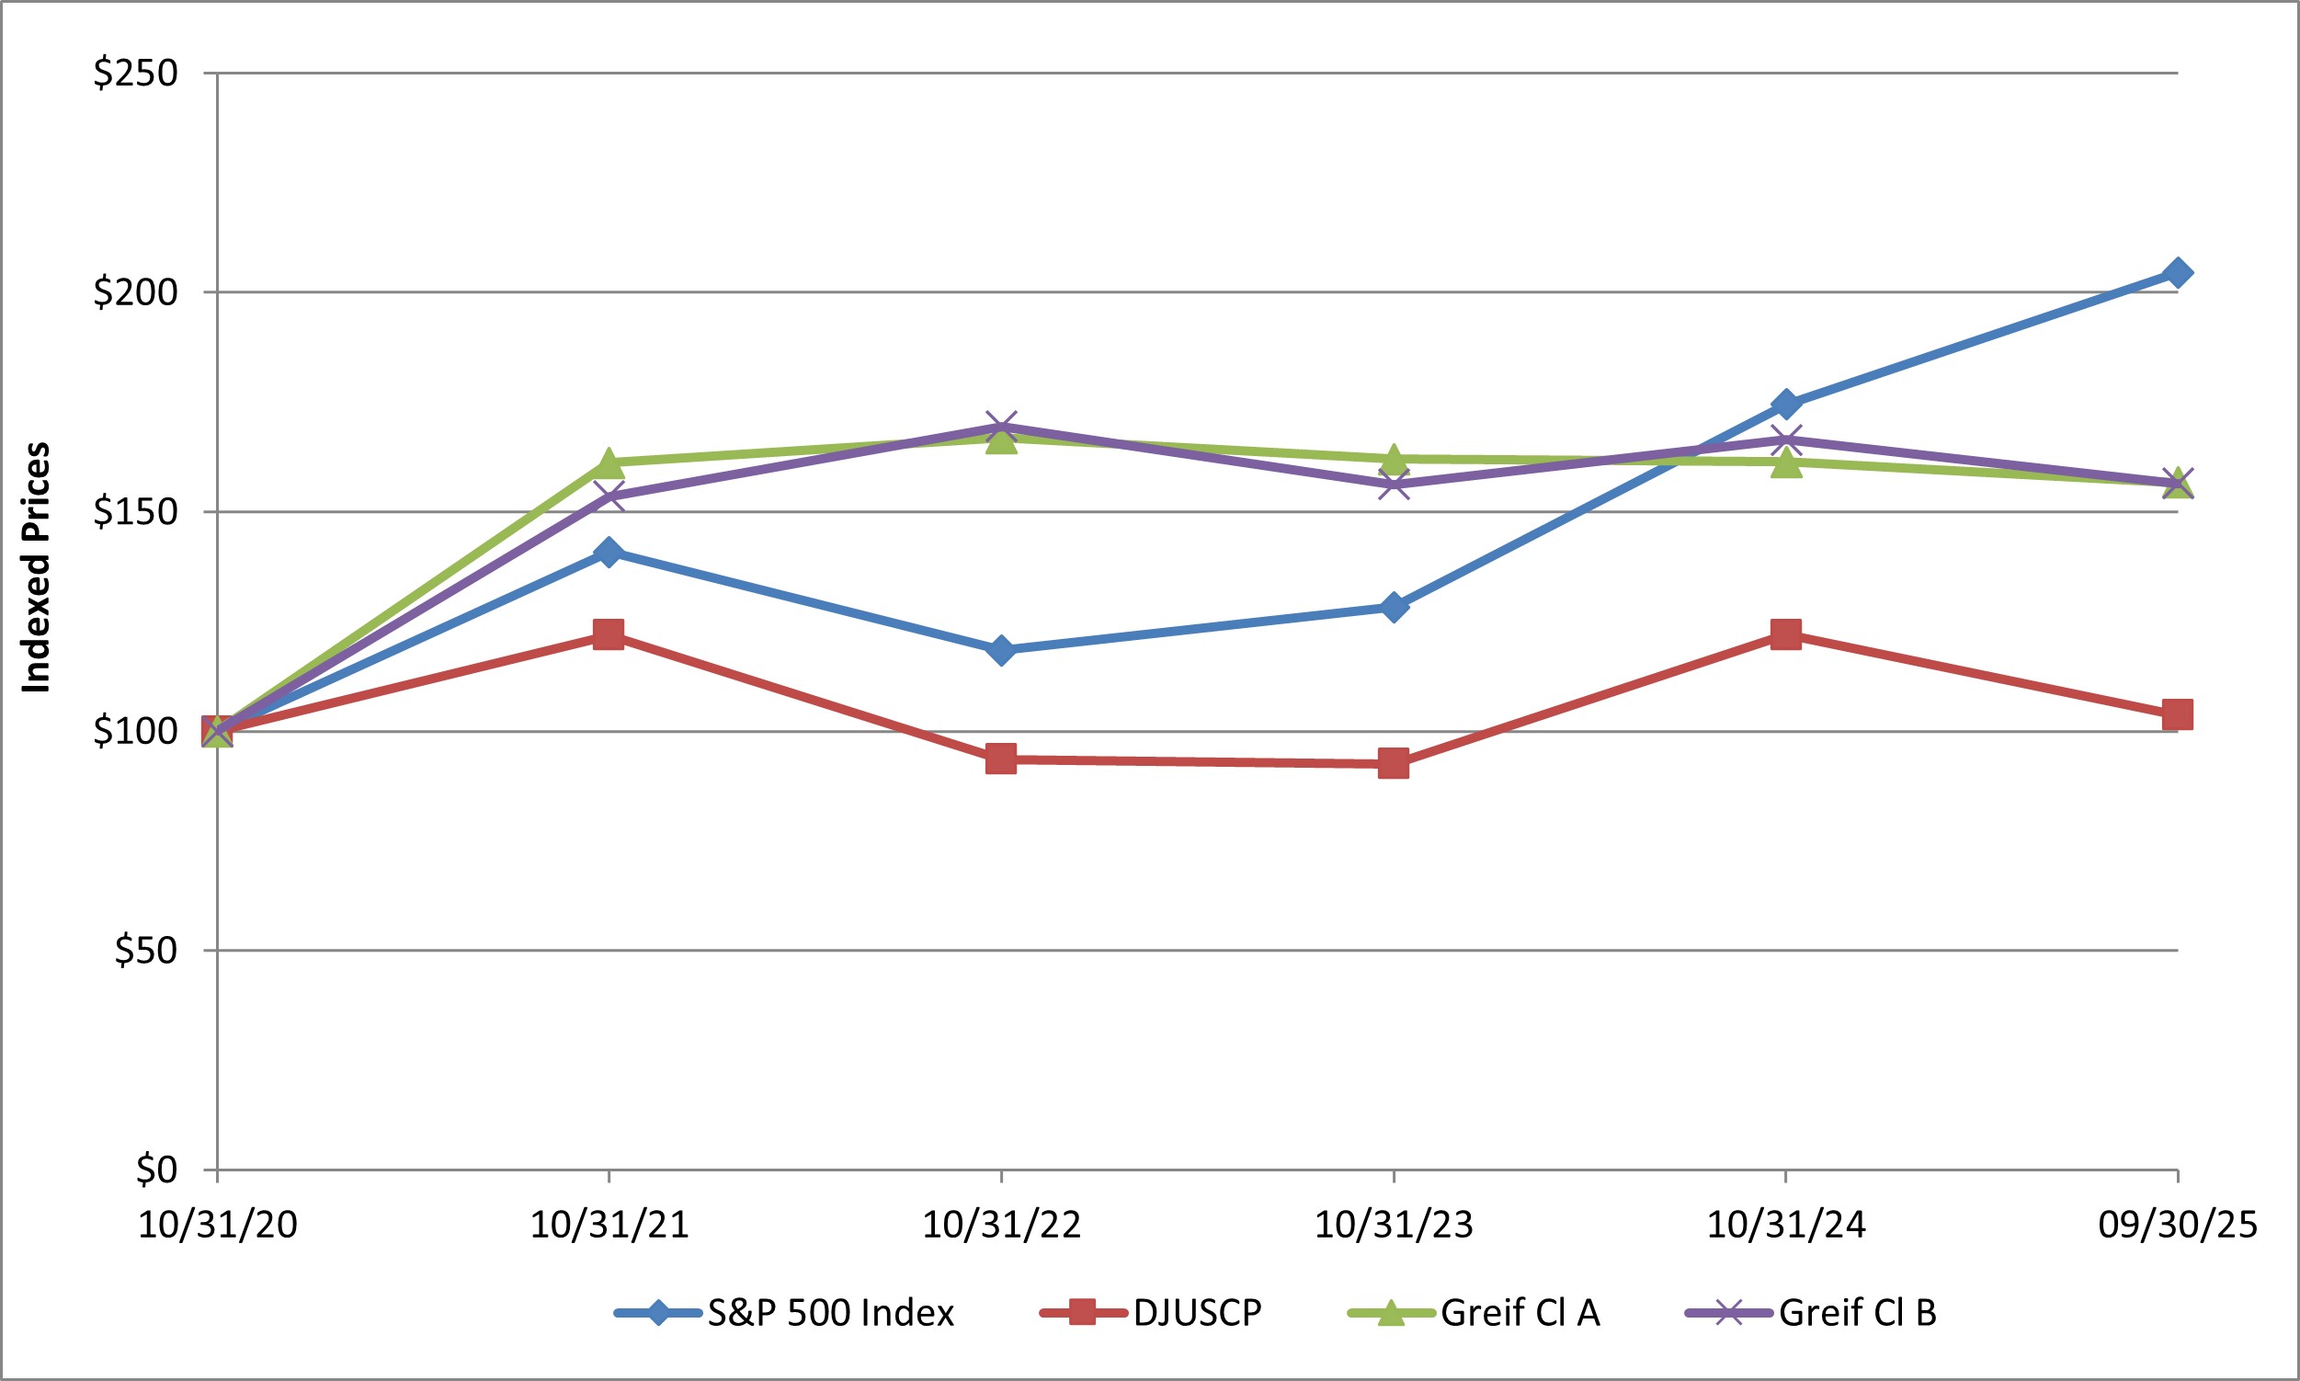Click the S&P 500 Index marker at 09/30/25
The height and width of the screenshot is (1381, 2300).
tap(2177, 273)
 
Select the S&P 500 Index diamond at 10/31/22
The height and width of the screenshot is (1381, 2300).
tap(1001, 649)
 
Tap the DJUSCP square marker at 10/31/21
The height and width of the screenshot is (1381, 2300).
tap(609, 634)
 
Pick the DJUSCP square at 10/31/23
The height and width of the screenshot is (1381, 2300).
tap(1393, 764)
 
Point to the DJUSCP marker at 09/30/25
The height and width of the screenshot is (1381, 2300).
tap(2177, 714)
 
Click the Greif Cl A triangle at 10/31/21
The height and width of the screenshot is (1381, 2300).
tap(609, 462)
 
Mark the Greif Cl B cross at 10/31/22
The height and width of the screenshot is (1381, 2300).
tap(1001, 428)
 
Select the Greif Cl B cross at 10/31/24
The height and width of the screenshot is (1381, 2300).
tap(1785, 440)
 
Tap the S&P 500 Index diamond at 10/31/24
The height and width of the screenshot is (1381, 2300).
tap(1785, 404)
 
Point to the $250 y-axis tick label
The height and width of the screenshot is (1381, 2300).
tap(136, 73)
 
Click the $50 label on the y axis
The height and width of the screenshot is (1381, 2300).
tap(146, 950)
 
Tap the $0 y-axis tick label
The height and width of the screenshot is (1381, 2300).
tap(156, 1169)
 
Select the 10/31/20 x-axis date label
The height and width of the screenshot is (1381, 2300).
tap(218, 1225)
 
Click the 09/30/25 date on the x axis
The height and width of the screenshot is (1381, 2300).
tap(2177, 1225)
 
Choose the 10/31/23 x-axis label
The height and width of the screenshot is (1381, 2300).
tap(1393, 1225)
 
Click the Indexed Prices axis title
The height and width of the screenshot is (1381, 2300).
tap(35, 567)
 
